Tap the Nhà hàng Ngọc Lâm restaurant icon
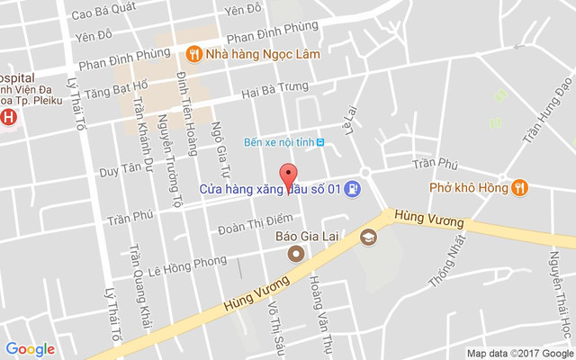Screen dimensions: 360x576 (x=193, y=54)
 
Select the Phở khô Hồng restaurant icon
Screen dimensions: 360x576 (x=519, y=188)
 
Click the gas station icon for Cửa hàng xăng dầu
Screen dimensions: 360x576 (x=354, y=189)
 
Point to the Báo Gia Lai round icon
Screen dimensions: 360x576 (x=295, y=255)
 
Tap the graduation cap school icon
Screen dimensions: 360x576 (x=367, y=238)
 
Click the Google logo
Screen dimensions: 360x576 (x=30, y=349)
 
